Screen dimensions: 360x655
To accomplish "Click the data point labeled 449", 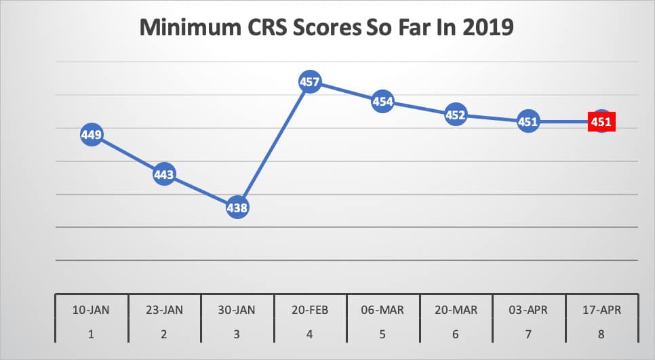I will [92, 135].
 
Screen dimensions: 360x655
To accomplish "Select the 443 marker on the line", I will [164, 175].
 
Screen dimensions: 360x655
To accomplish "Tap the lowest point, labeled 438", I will [237, 207].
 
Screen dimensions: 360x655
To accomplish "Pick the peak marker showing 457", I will [310, 82].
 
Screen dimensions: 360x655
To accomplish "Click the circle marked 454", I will [382, 102].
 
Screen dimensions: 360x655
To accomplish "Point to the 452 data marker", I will [455, 115].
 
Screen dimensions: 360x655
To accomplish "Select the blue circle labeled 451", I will [528, 122].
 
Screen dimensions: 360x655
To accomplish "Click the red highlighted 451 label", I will [601, 122].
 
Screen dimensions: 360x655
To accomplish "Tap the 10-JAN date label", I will [92, 310].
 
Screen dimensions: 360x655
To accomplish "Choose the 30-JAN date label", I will [237, 310].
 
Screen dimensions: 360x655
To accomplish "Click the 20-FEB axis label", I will [310, 310].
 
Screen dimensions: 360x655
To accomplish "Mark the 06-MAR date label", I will [382, 310].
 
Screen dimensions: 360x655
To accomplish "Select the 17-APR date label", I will [601, 310].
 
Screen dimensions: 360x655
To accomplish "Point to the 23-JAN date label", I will [164, 310].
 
